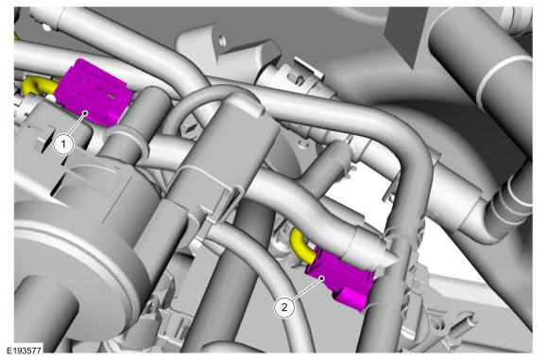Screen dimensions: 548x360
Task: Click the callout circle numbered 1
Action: [63, 144]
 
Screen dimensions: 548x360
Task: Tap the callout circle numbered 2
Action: [284, 307]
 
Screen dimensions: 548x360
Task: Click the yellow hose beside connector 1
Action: [39, 85]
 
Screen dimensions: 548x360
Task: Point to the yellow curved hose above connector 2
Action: [301, 246]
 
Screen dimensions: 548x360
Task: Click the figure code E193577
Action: [25, 351]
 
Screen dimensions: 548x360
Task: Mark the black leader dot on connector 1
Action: [85, 112]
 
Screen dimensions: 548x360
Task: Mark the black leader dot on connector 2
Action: [322, 278]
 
